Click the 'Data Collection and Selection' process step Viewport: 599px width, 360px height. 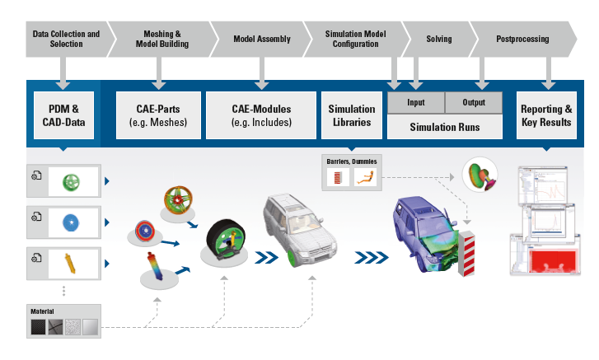point(65,39)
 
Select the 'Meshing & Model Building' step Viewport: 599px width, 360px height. point(161,39)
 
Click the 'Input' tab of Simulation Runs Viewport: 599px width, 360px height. point(416,103)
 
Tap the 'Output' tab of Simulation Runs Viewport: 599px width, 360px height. point(473,103)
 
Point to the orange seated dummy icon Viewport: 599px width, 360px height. point(366,177)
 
